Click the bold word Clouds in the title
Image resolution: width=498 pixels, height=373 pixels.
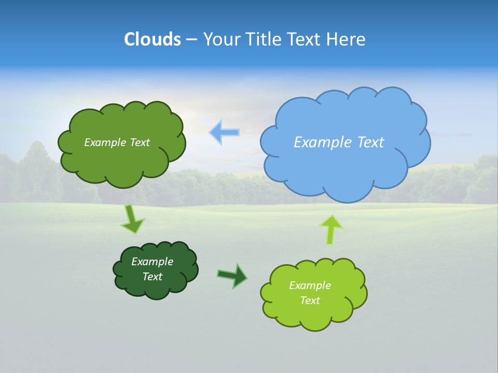[x=153, y=39]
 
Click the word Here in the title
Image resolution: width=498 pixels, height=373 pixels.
[x=347, y=39]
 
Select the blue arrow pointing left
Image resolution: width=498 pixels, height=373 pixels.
[x=225, y=133]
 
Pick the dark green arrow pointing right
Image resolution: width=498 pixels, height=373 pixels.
[x=232, y=276]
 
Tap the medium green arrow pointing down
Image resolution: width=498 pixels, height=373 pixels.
[x=132, y=219]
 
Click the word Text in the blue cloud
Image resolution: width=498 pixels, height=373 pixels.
[x=370, y=142]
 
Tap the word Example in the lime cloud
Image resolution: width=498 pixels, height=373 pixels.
[x=310, y=285]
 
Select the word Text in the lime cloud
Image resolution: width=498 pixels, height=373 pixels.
[x=310, y=300]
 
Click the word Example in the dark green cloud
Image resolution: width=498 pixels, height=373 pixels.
[x=152, y=262]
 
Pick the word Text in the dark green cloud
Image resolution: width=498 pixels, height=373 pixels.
[x=152, y=277]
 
